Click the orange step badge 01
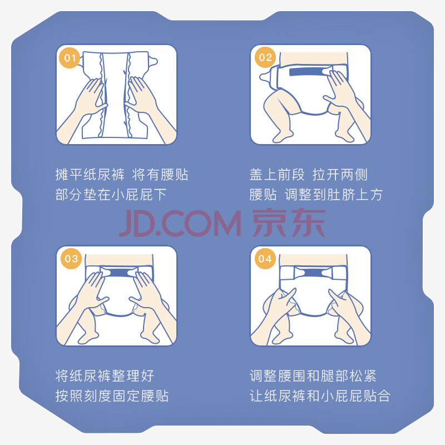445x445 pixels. (x=70, y=58)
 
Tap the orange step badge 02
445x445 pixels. (x=265, y=57)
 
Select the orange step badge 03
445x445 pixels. (x=71, y=259)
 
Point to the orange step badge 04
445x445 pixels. (x=265, y=259)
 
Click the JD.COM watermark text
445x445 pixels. (x=180, y=224)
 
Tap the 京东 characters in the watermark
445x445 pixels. (x=289, y=223)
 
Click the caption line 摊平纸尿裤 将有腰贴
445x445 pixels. (x=121, y=175)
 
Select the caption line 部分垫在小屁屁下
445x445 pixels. (x=111, y=195)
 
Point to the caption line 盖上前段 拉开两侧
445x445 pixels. (x=309, y=175)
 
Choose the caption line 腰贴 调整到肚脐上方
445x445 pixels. (x=316, y=195)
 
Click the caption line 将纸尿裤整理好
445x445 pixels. (x=105, y=376)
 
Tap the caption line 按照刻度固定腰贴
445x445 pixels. (x=112, y=396)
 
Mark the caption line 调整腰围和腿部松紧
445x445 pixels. (x=313, y=376)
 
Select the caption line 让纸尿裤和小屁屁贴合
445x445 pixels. (x=320, y=396)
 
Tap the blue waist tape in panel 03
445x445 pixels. (x=118, y=273)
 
